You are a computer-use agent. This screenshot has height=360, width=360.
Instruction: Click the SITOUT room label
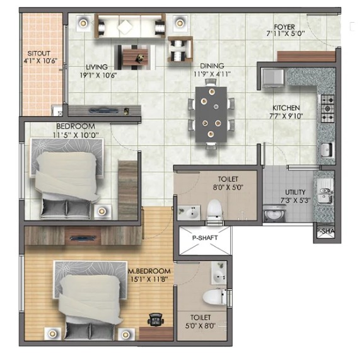[x=38, y=53]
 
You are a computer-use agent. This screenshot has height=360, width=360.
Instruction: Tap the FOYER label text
[x=284, y=27]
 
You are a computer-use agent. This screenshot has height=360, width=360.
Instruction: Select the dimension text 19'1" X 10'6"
[x=98, y=75]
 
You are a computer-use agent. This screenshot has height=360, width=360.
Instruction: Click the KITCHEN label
[x=286, y=108]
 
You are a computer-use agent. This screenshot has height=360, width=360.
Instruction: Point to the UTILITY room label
[x=295, y=192]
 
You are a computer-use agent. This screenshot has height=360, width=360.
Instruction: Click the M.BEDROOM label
[x=149, y=271]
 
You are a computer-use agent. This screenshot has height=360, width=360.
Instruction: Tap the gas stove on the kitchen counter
[x=328, y=108]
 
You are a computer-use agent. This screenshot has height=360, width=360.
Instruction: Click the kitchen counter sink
[x=326, y=149]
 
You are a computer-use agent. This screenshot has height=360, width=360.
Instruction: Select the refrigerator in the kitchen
[x=273, y=78]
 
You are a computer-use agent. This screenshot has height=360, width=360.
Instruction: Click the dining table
[x=211, y=114]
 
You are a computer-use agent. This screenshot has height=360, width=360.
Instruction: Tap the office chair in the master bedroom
[x=156, y=320]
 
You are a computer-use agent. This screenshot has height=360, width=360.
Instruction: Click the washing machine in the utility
[x=274, y=213]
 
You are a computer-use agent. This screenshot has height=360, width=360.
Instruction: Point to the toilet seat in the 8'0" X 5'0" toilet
[x=215, y=209]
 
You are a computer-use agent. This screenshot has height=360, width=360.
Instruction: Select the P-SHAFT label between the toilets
[x=205, y=238]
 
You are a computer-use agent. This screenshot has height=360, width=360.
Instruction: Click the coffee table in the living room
[x=135, y=57]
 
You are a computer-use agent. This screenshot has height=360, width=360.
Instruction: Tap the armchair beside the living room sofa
[x=180, y=49]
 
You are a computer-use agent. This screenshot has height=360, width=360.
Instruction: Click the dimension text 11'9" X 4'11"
[x=212, y=74]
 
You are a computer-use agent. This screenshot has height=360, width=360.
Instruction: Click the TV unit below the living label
[x=105, y=111]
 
